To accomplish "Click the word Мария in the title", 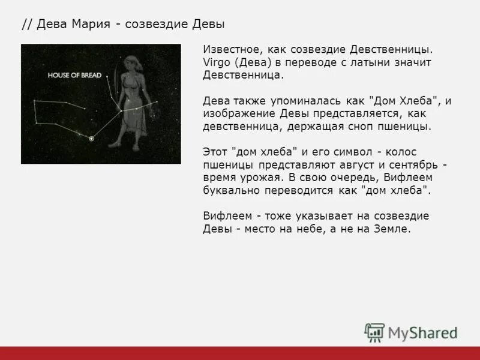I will tap(92, 25).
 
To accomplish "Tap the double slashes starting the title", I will tap(27, 25).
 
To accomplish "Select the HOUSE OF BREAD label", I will tap(75, 76).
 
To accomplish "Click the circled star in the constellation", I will tap(91, 139).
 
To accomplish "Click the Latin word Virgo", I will tap(217, 62).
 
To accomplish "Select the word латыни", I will tap(372, 62).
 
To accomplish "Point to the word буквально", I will tap(230, 191).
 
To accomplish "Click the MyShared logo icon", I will tap(374, 332).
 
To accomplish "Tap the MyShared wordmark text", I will tap(422, 333).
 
